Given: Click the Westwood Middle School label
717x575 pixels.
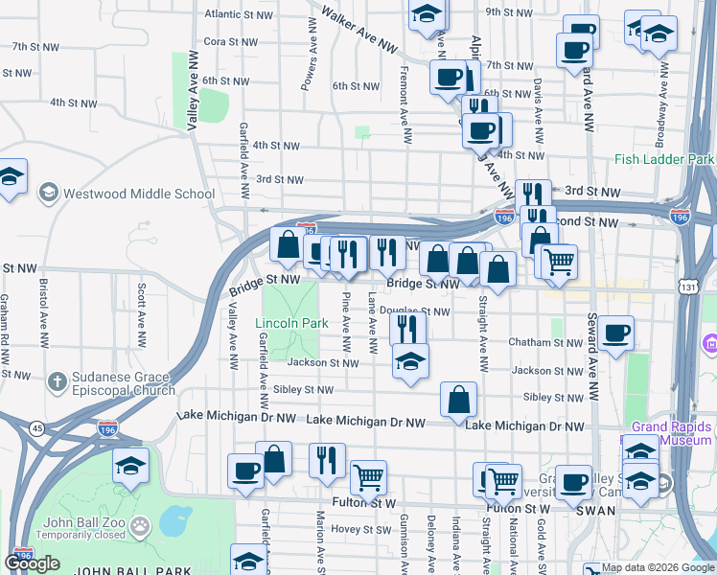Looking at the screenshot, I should click(x=138, y=194).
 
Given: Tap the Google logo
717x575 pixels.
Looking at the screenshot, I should click(x=32, y=563).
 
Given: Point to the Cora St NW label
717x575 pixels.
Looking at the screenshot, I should click(x=228, y=41).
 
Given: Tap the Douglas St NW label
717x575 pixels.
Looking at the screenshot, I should click(x=414, y=311).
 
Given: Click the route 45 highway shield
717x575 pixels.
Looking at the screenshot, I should click(x=37, y=427).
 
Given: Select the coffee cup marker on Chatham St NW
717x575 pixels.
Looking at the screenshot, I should click(x=617, y=333).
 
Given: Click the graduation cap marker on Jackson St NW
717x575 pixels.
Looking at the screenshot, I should click(x=410, y=361).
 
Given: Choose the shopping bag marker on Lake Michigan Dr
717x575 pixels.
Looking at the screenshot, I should click(x=459, y=400).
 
